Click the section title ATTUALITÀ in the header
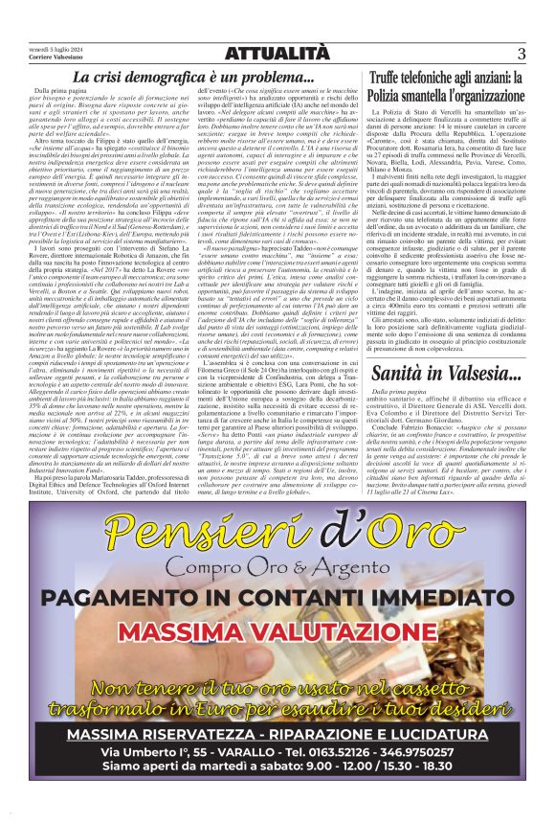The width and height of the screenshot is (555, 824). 277,54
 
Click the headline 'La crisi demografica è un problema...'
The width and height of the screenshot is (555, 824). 194,77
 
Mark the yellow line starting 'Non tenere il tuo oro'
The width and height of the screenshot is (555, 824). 277,692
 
